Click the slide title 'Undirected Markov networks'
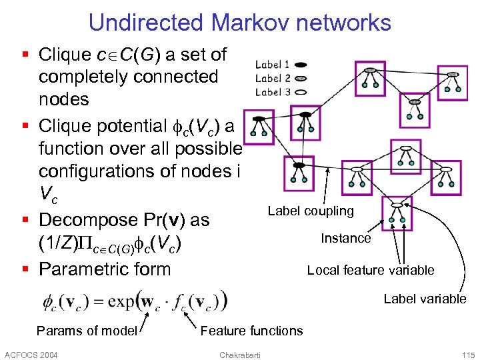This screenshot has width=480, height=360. click(239, 22)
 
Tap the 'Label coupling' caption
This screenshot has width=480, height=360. click(310, 211)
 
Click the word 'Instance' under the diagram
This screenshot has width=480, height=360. click(345, 238)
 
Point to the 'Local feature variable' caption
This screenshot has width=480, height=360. click(370, 270)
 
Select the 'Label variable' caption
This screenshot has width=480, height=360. click(425, 299)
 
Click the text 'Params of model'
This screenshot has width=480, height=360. click(87, 331)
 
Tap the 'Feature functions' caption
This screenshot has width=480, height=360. click(251, 331)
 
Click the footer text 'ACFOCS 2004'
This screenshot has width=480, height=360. click(31, 354)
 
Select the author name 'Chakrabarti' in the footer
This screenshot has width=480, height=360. click(240, 354)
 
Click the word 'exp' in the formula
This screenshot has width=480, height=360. click(122, 301)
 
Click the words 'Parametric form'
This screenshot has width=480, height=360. click(105, 269)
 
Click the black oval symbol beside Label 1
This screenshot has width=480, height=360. click(301, 65)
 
